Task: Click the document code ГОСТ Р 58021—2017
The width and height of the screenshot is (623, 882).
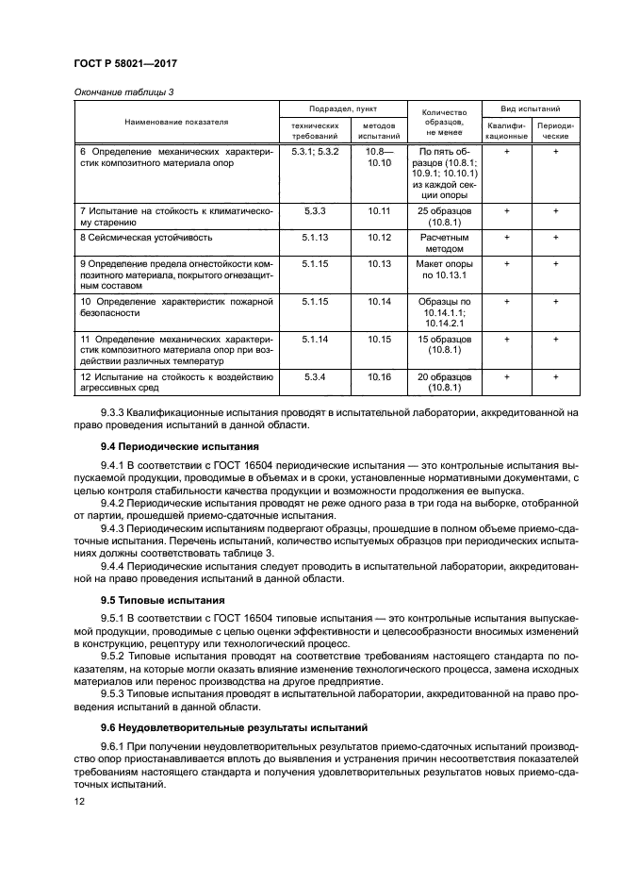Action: click(x=127, y=62)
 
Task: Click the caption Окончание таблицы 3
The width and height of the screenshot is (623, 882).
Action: click(x=125, y=92)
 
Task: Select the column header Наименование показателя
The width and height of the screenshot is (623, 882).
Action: click(x=176, y=122)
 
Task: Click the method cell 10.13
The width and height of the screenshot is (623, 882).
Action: click(x=379, y=264)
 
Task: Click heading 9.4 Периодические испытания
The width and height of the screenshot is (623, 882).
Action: click(x=174, y=444)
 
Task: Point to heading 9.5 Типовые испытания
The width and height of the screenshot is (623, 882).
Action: click(x=162, y=600)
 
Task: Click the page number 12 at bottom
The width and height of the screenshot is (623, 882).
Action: click(x=79, y=800)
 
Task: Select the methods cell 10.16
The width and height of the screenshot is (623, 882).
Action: click(x=379, y=377)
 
